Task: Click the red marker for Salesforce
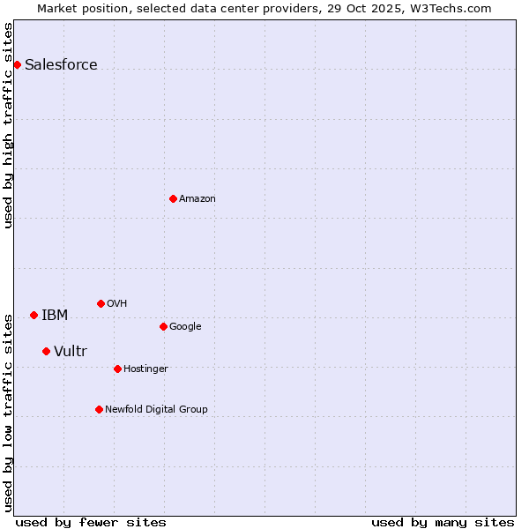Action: click(x=17, y=64)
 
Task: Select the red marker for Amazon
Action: click(x=173, y=198)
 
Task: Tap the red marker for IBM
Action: click(x=34, y=315)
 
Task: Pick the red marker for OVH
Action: click(x=101, y=303)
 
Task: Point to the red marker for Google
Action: click(x=163, y=326)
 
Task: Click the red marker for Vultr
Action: click(x=46, y=351)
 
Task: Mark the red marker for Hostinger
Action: click(x=117, y=369)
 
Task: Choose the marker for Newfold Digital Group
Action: click(x=99, y=409)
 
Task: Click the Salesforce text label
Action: click(x=61, y=64)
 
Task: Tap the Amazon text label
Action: click(x=197, y=198)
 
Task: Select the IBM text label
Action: click(x=55, y=315)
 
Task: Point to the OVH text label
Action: click(x=116, y=303)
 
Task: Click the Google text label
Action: click(x=185, y=326)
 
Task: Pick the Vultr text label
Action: click(x=71, y=351)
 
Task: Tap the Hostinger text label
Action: click(x=145, y=369)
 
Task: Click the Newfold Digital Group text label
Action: click(x=156, y=409)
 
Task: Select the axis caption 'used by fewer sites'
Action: click(x=91, y=522)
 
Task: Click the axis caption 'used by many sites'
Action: click(x=443, y=522)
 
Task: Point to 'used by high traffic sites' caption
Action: click(x=9, y=125)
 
